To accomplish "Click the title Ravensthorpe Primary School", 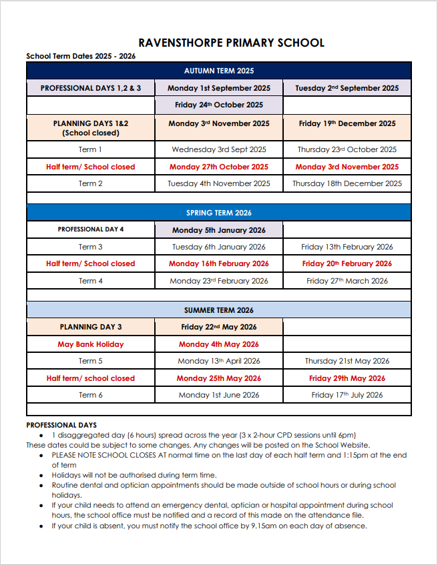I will click(x=232, y=43).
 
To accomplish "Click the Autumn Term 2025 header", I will click(x=219, y=71).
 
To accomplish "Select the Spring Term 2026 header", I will click(x=219, y=213).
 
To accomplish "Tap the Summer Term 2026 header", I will click(x=219, y=310).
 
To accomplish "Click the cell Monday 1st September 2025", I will click(x=219, y=88).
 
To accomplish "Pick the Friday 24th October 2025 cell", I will click(x=219, y=105).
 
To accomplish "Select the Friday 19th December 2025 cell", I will click(x=347, y=123).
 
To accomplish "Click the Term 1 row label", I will click(x=90, y=149).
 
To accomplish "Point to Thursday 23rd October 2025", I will click(x=347, y=149).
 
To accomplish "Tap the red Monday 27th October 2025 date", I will click(x=219, y=167).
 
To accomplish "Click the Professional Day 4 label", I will click(x=90, y=229).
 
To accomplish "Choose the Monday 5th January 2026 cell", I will click(x=219, y=230).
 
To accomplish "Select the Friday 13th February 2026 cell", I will click(x=347, y=247).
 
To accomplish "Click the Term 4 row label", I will click(x=90, y=281).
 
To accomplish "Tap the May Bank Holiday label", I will click(x=90, y=344).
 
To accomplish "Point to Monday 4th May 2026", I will click(x=219, y=344).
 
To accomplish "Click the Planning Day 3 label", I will click(x=90, y=327).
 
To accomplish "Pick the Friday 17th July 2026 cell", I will click(x=347, y=395).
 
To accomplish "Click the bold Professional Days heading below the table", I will click(x=61, y=425).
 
